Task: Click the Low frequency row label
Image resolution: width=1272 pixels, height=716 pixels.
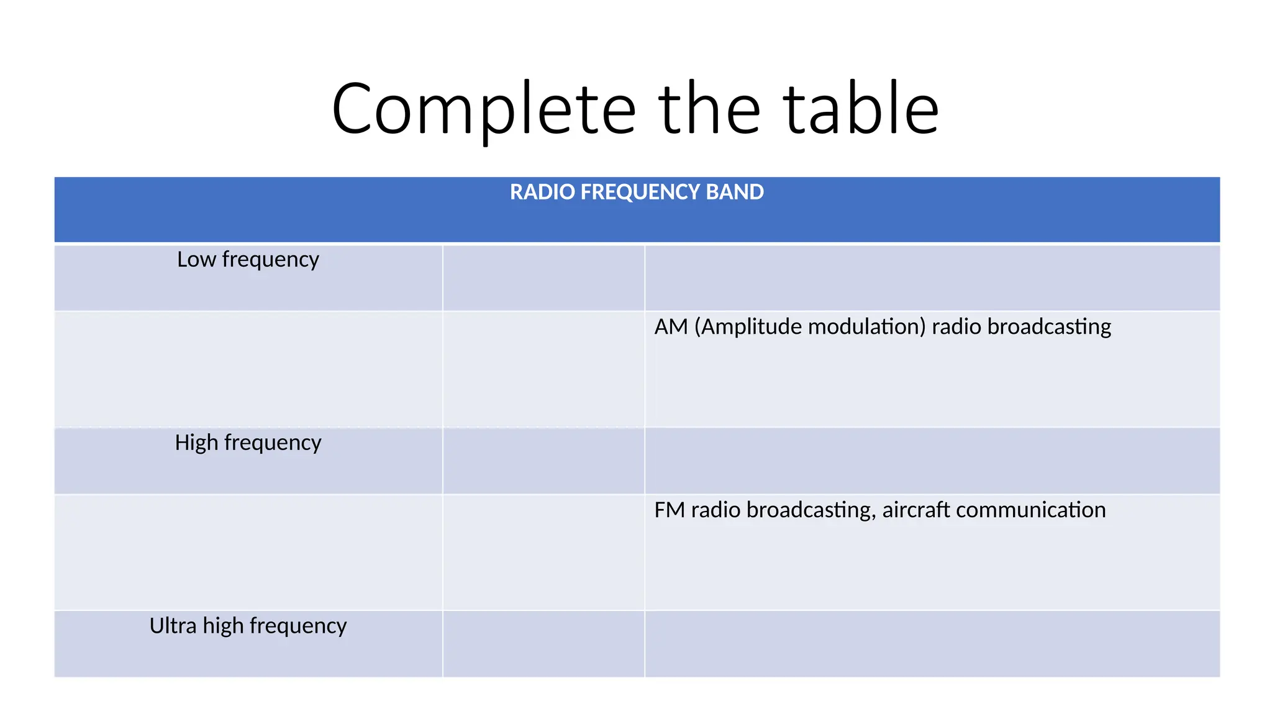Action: pos(248,259)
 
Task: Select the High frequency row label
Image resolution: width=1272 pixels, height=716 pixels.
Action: pos(248,443)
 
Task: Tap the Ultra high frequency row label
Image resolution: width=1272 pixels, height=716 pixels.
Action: pos(248,626)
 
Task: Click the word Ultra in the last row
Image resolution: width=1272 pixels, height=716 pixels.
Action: pos(173,626)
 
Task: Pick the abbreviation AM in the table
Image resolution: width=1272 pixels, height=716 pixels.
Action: pos(671,327)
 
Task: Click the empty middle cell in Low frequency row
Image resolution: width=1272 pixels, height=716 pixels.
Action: pos(543,278)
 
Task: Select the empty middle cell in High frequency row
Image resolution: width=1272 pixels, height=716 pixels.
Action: pos(543,461)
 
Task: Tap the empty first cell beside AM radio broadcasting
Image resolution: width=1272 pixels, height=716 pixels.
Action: pos(248,369)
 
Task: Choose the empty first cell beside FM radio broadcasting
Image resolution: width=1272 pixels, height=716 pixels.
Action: pos(248,552)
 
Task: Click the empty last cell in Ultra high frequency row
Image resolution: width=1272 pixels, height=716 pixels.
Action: pos(932,644)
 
